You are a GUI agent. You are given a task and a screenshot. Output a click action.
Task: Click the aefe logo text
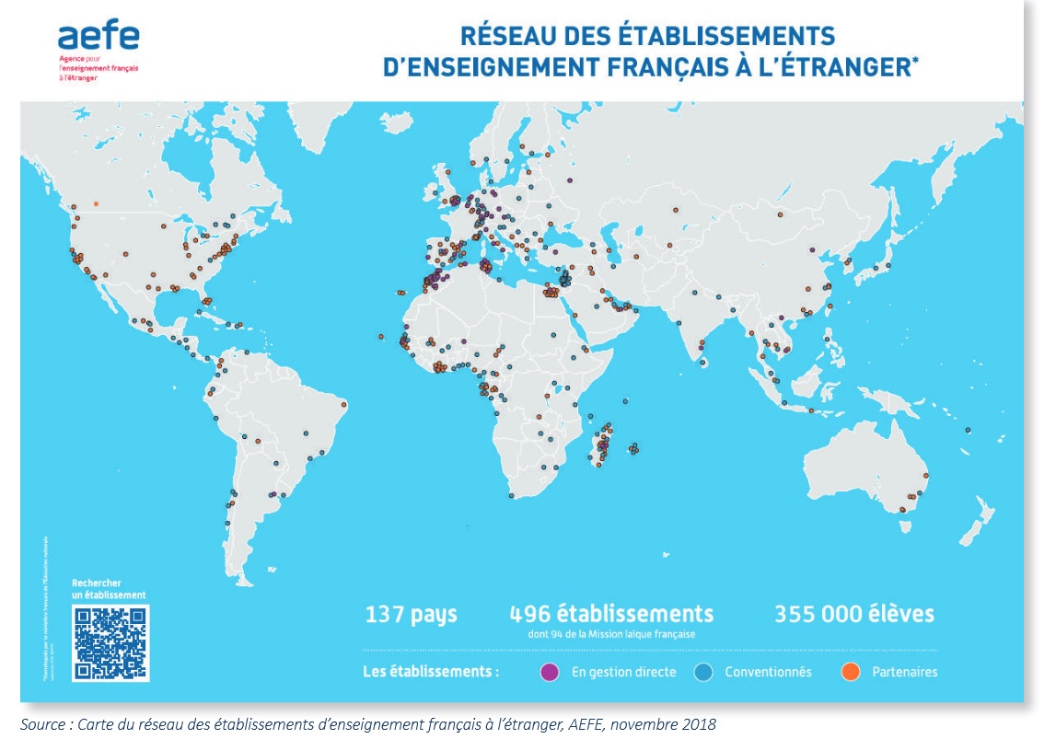pyautogui.click(x=98, y=36)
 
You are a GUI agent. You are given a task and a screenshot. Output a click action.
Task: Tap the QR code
pyautogui.click(x=110, y=643)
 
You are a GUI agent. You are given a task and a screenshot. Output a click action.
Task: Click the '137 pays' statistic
pyautogui.click(x=411, y=614)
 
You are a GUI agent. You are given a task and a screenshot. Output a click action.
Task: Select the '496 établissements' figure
pyautogui.click(x=611, y=614)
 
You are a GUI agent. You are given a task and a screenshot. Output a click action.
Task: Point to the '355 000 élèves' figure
pyautogui.click(x=854, y=614)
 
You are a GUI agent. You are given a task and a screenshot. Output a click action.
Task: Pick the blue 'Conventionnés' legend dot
pyautogui.click(x=705, y=672)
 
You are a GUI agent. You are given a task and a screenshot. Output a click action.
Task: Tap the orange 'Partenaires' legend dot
pyautogui.click(x=850, y=672)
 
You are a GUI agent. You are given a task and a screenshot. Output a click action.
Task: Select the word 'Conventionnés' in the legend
pyautogui.click(x=768, y=672)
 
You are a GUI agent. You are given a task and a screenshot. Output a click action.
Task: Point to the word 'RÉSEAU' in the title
pyautogui.click(x=508, y=37)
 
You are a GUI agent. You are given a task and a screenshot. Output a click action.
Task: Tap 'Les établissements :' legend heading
pyautogui.click(x=431, y=672)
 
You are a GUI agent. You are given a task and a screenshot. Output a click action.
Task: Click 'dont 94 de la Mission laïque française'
pyautogui.click(x=611, y=634)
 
